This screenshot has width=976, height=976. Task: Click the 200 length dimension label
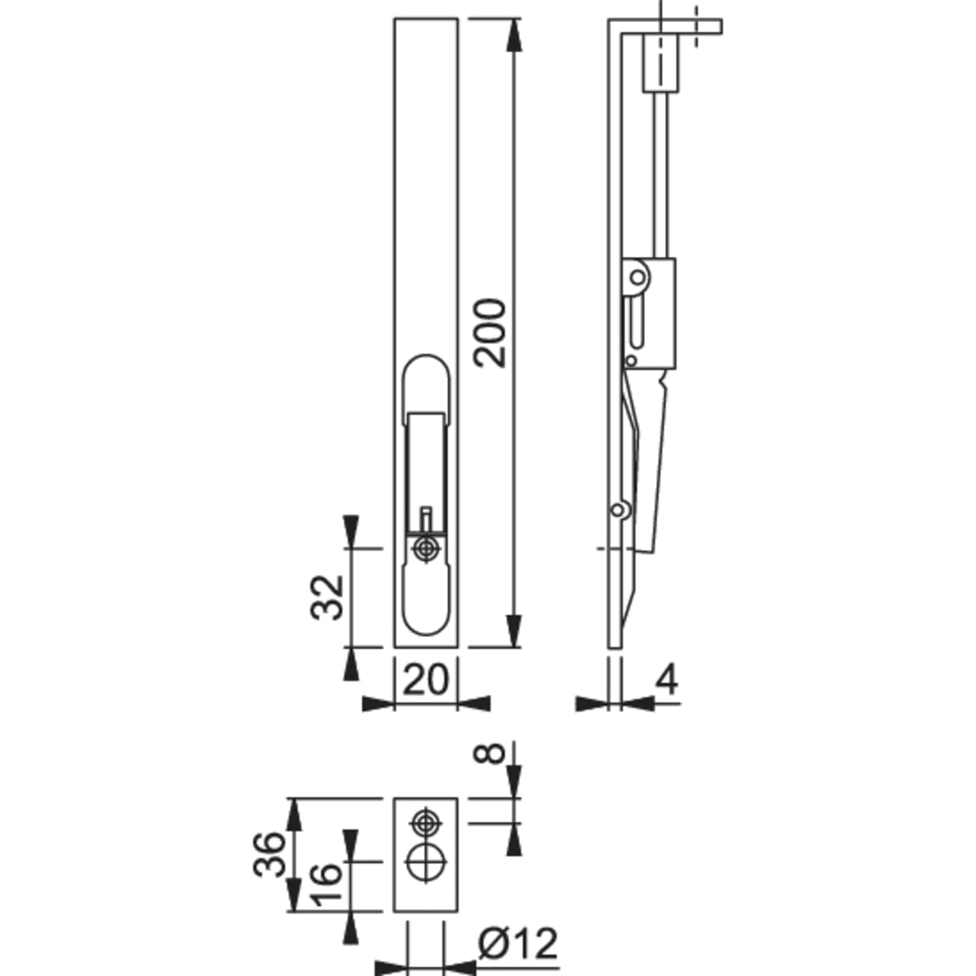[x=490, y=333]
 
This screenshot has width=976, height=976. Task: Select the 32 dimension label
[x=327, y=597]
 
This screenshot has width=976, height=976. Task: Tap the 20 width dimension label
[x=425, y=680]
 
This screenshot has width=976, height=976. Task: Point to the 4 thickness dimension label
[x=666, y=680]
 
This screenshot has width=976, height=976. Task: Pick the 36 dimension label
[x=269, y=854]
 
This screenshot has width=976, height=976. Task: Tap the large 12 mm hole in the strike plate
[x=426, y=861]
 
